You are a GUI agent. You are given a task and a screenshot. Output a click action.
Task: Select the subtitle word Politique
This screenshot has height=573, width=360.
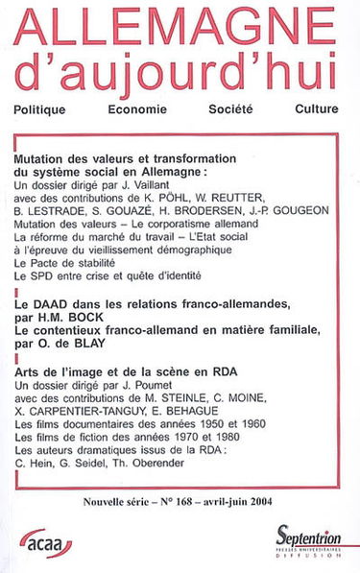47,108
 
